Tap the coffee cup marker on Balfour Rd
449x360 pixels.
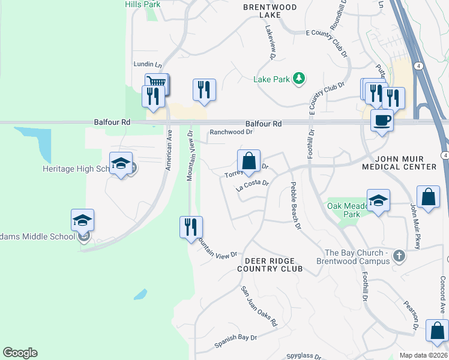coord(382,121)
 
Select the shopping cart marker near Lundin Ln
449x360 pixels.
coord(157,83)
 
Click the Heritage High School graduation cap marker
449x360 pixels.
coord(121,163)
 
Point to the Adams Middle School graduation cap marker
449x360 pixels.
coord(83,220)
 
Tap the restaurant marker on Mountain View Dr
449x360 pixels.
coord(191,227)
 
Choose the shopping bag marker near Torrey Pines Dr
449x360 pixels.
coord(249,161)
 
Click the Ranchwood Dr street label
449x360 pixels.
coord(231,133)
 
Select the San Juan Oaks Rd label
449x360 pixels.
coord(259,306)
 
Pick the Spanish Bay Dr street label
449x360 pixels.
coord(235,341)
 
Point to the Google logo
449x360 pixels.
coord(20,353)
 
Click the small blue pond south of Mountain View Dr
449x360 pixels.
coord(140,295)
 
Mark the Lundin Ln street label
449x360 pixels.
coord(148,65)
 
